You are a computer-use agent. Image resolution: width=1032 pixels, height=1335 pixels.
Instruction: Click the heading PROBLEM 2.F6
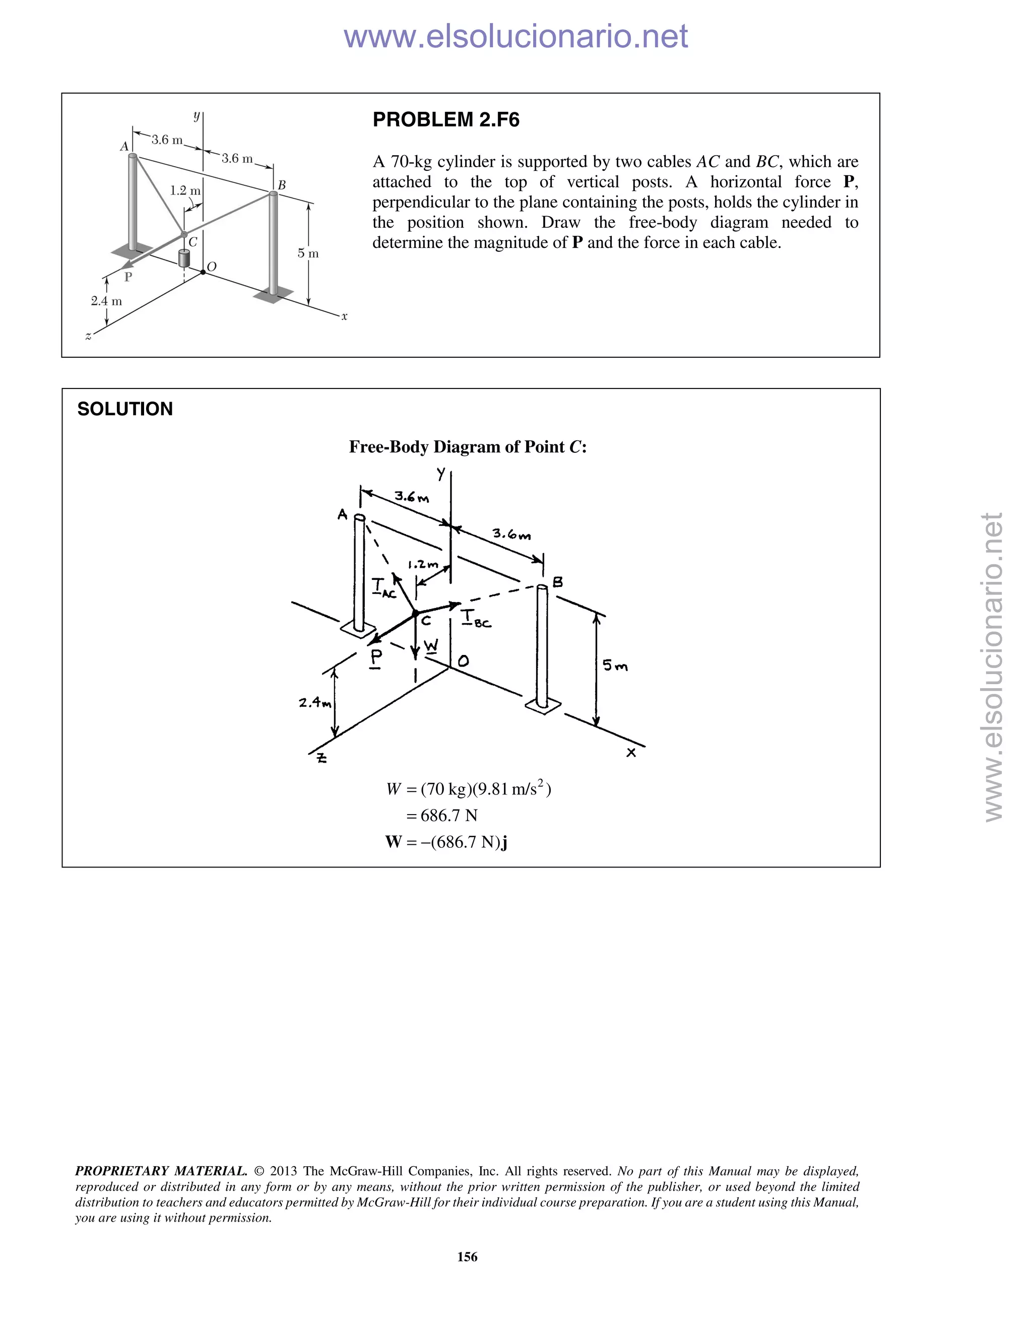445,120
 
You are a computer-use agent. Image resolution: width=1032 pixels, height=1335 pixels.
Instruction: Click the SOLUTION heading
125,409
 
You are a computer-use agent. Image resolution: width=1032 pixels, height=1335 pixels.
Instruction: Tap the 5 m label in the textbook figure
308,253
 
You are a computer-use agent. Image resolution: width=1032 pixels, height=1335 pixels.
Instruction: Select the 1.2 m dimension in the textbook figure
184,191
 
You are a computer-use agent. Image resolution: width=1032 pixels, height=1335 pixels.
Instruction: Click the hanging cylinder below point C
183,258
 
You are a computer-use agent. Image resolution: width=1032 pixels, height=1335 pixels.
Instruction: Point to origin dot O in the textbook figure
204,273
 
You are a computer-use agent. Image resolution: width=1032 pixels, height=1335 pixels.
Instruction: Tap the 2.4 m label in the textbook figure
106,301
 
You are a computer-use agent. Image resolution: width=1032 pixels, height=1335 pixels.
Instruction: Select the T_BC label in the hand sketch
476,619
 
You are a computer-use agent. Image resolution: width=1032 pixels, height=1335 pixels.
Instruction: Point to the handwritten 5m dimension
615,665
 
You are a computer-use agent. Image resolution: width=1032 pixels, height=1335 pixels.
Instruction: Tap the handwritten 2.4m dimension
315,702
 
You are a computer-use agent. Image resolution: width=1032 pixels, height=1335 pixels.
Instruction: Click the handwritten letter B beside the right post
558,582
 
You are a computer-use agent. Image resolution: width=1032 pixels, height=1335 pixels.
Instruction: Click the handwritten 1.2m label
423,564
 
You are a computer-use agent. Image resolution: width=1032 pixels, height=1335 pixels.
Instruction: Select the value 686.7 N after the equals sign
449,816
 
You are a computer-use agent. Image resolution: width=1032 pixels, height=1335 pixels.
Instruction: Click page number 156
467,1257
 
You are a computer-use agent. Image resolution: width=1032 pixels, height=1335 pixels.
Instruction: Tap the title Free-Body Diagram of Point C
468,447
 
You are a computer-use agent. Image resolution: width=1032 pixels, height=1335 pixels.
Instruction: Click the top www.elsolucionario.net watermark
515,36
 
